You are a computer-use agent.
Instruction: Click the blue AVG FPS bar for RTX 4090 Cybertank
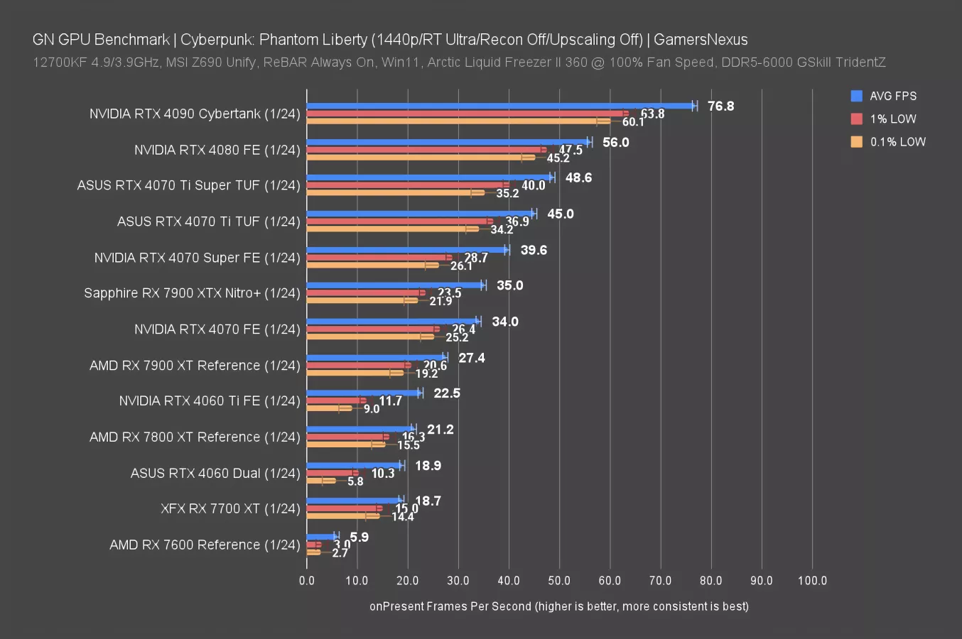(497, 106)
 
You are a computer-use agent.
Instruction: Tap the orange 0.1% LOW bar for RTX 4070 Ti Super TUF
(394, 192)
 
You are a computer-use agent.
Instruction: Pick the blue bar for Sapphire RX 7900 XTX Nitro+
(394, 285)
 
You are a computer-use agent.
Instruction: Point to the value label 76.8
(720, 106)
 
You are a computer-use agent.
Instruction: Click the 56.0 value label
(615, 143)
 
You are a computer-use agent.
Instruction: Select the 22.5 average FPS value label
(447, 393)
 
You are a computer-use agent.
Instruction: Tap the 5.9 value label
(360, 537)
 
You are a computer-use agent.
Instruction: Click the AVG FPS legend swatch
(857, 96)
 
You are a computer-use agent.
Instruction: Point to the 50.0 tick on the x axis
(559, 581)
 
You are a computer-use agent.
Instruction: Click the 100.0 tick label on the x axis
(812, 581)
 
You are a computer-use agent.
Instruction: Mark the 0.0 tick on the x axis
(307, 581)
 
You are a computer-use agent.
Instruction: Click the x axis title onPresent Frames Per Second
(558, 606)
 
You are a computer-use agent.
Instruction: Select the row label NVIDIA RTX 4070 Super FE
(197, 258)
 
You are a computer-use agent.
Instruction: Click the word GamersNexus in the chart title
(700, 40)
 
